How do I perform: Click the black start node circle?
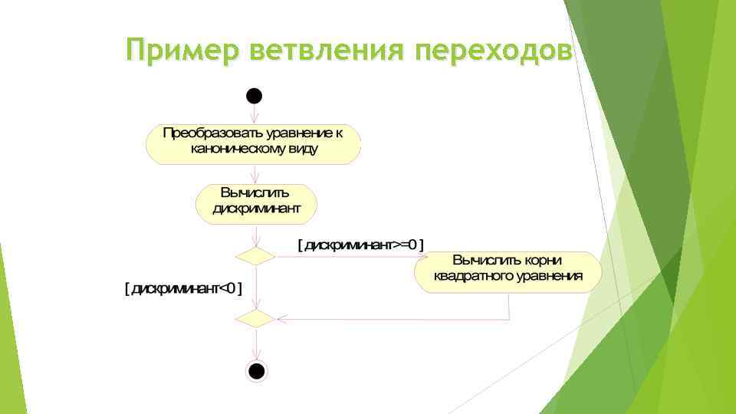255,96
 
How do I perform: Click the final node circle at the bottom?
256,371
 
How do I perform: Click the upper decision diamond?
255,256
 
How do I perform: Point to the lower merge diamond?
255,317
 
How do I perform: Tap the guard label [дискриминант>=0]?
360,245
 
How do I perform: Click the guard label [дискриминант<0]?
183,289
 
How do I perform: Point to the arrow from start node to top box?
255,113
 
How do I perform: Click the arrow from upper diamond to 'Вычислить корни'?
345,256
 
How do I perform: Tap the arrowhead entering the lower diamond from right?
280,317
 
